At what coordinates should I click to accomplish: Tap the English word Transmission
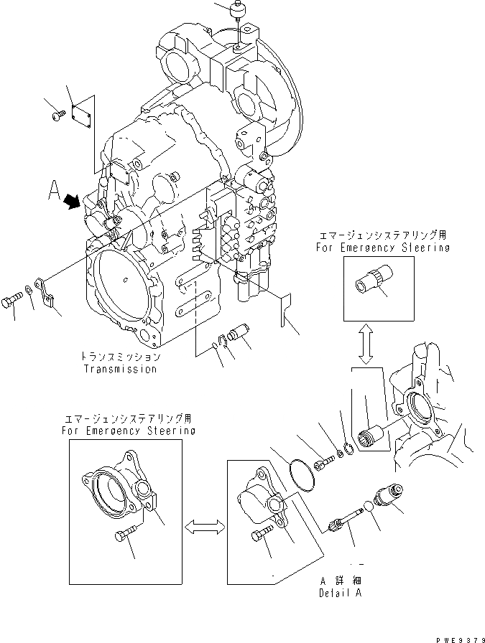[120, 369]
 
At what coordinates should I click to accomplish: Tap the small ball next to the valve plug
[367, 506]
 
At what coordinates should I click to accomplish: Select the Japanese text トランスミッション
[120, 357]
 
